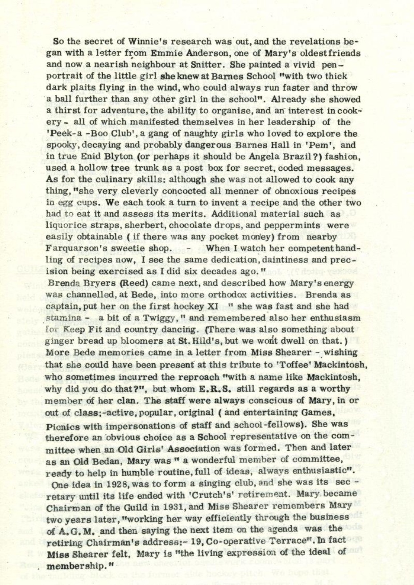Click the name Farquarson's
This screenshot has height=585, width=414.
[x=83, y=248]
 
